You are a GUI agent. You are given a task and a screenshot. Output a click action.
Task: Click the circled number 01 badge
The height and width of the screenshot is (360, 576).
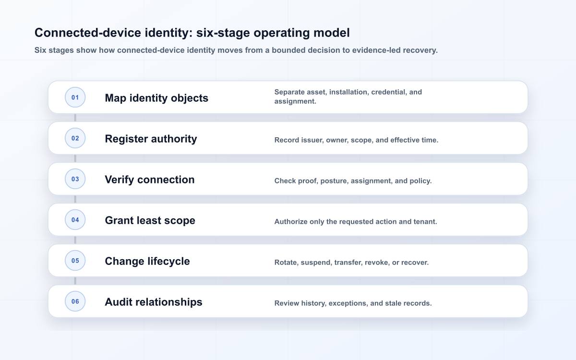click(75, 97)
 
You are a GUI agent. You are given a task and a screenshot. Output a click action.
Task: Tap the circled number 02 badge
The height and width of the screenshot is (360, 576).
click(75, 138)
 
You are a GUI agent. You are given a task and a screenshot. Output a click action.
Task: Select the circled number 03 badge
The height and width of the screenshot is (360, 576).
click(75, 179)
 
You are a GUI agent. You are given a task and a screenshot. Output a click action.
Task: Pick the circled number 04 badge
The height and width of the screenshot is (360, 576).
click(75, 220)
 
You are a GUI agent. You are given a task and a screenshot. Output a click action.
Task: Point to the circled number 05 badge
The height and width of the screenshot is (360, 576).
click(75, 261)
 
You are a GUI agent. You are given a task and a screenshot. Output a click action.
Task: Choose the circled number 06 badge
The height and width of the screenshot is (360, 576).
click(75, 301)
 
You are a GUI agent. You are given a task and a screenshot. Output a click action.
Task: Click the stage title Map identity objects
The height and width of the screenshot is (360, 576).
click(156, 98)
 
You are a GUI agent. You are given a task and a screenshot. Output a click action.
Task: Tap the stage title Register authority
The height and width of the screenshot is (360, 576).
click(151, 139)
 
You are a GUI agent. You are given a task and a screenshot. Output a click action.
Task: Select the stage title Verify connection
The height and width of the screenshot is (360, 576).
click(150, 180)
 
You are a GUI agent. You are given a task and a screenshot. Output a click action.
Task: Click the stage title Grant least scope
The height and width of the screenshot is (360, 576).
click(150, 221)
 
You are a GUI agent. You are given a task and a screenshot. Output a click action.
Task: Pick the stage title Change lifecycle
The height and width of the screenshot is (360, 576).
click(147, 262)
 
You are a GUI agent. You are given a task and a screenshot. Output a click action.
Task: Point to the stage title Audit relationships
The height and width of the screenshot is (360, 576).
click(154, 302)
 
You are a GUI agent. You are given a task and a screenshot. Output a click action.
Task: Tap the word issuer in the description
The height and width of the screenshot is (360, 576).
click(312, 140)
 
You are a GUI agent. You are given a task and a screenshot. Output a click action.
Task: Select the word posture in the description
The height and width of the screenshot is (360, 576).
click(335, 181)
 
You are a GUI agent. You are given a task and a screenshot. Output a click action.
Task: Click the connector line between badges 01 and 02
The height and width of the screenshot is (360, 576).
click(75, 118)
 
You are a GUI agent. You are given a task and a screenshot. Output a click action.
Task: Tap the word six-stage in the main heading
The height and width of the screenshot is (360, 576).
click(223, 33)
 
